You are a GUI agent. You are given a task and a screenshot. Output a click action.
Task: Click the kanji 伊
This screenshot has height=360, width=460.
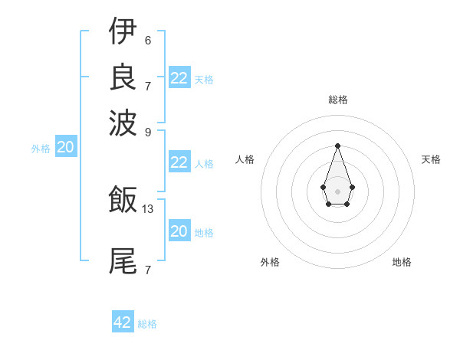tap(123, 31)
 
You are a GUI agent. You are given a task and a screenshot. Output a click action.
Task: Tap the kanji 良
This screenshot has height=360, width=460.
tap(123, 77)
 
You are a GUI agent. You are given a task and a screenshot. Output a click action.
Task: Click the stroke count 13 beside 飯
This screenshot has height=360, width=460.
tap(148, 208)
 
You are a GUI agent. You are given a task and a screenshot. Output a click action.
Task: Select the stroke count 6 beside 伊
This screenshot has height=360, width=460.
tap(148, 40)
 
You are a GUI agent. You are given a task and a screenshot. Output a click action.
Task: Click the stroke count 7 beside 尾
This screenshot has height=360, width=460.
tap(148, 270)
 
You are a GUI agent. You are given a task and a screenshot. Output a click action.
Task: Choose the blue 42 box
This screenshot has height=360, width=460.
tap(123, 322)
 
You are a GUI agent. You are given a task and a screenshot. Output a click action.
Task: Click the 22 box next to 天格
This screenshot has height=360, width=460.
tap(179, 77)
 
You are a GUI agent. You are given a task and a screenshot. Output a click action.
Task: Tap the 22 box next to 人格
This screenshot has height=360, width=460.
tap(179, 162)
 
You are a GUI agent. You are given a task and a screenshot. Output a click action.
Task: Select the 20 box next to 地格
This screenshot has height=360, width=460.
tap(179, 231)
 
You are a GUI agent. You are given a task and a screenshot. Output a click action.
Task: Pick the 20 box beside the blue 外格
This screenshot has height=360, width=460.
tap(66, 148)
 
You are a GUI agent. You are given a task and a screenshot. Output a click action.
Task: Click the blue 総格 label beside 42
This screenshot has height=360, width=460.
tap(147, 324)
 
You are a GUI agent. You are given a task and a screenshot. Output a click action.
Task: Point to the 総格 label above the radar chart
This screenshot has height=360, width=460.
tap(337, 100)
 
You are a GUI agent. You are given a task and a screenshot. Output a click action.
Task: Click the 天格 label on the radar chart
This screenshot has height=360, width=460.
tap(431, 159)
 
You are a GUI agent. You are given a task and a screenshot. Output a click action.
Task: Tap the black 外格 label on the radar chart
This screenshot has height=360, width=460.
tap(270, 262)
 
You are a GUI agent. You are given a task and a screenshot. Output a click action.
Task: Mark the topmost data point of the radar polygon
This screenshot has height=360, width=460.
tap(337, 145)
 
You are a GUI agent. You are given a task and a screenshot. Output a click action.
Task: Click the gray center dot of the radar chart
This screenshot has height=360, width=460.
tap(337, 190)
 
